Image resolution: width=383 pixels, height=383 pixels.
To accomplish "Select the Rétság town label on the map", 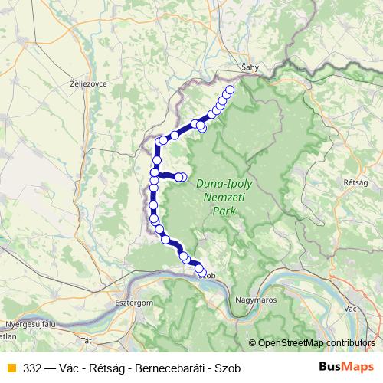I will pos(357,182).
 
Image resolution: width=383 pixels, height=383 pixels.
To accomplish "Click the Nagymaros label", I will pos(257,300).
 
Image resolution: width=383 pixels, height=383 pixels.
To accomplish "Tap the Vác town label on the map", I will pos(352,307).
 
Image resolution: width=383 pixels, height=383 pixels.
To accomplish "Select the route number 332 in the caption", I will pos(33,368).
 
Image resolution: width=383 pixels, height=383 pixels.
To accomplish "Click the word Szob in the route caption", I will pos(228,368).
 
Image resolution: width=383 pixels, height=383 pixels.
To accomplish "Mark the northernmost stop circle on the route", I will pos(230,89).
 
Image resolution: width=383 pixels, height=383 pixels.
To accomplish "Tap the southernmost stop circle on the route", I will pos(202,271).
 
